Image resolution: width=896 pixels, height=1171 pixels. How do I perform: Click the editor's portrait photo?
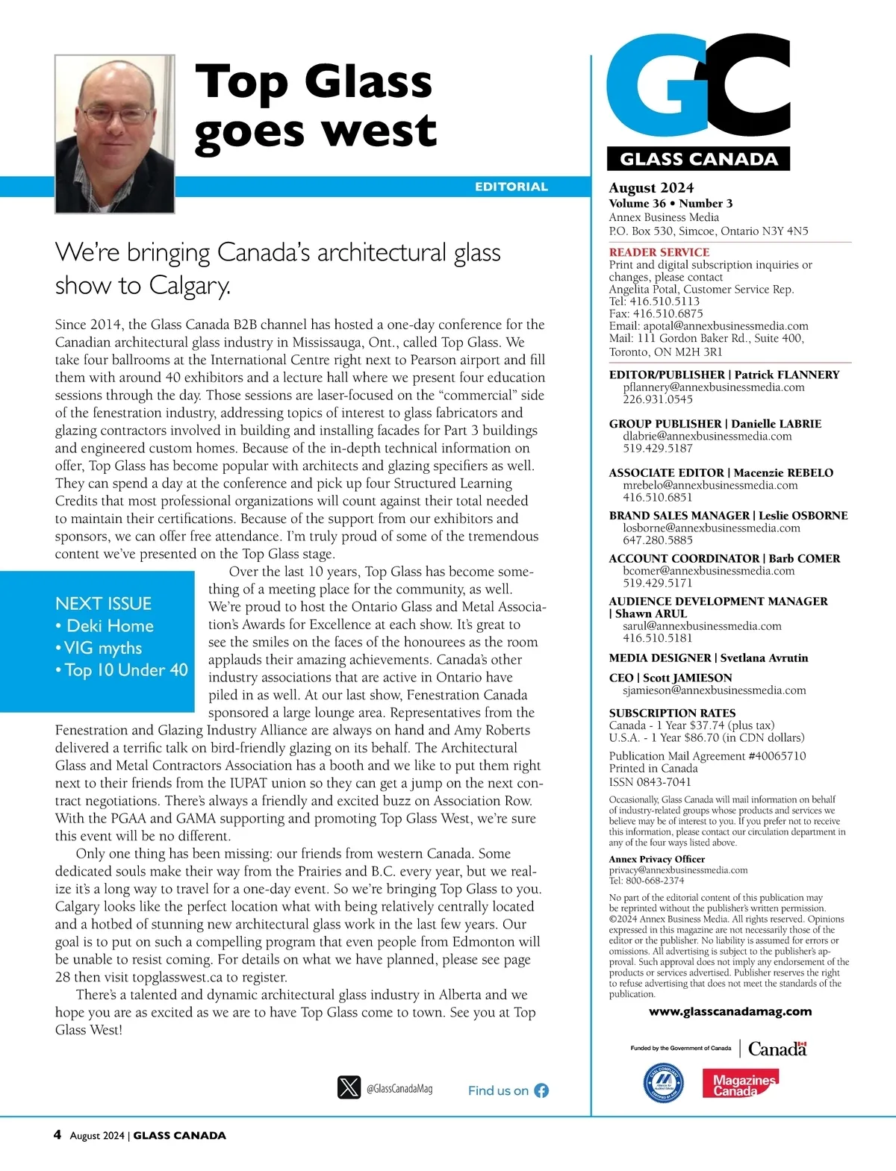click(115, 134)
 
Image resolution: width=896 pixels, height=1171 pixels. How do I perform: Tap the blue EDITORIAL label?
click(511, 187)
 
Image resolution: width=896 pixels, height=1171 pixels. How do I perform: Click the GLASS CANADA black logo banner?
click(699, 159)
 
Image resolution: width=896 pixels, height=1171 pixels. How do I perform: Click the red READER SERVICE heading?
click(659, 252)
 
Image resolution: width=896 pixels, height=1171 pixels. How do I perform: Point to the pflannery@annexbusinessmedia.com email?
click(714, 387)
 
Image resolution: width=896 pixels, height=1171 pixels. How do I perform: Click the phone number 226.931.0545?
click(658, 399)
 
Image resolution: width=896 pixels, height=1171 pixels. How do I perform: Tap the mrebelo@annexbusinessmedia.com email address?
click(710, 485)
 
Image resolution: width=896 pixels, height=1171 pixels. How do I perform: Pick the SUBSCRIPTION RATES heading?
click(672, 713)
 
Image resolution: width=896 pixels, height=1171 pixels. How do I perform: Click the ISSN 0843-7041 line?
click(650, 782)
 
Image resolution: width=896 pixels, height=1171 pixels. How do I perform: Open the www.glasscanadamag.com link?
click(730, 1012)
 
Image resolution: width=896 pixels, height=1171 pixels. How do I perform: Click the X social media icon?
click(349, 1087)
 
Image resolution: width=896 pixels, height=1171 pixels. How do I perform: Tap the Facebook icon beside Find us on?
click(541, 1090)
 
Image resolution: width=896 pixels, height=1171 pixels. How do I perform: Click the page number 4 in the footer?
click(57, 1135)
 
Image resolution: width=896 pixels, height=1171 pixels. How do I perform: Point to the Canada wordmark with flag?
click(777, 1049)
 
